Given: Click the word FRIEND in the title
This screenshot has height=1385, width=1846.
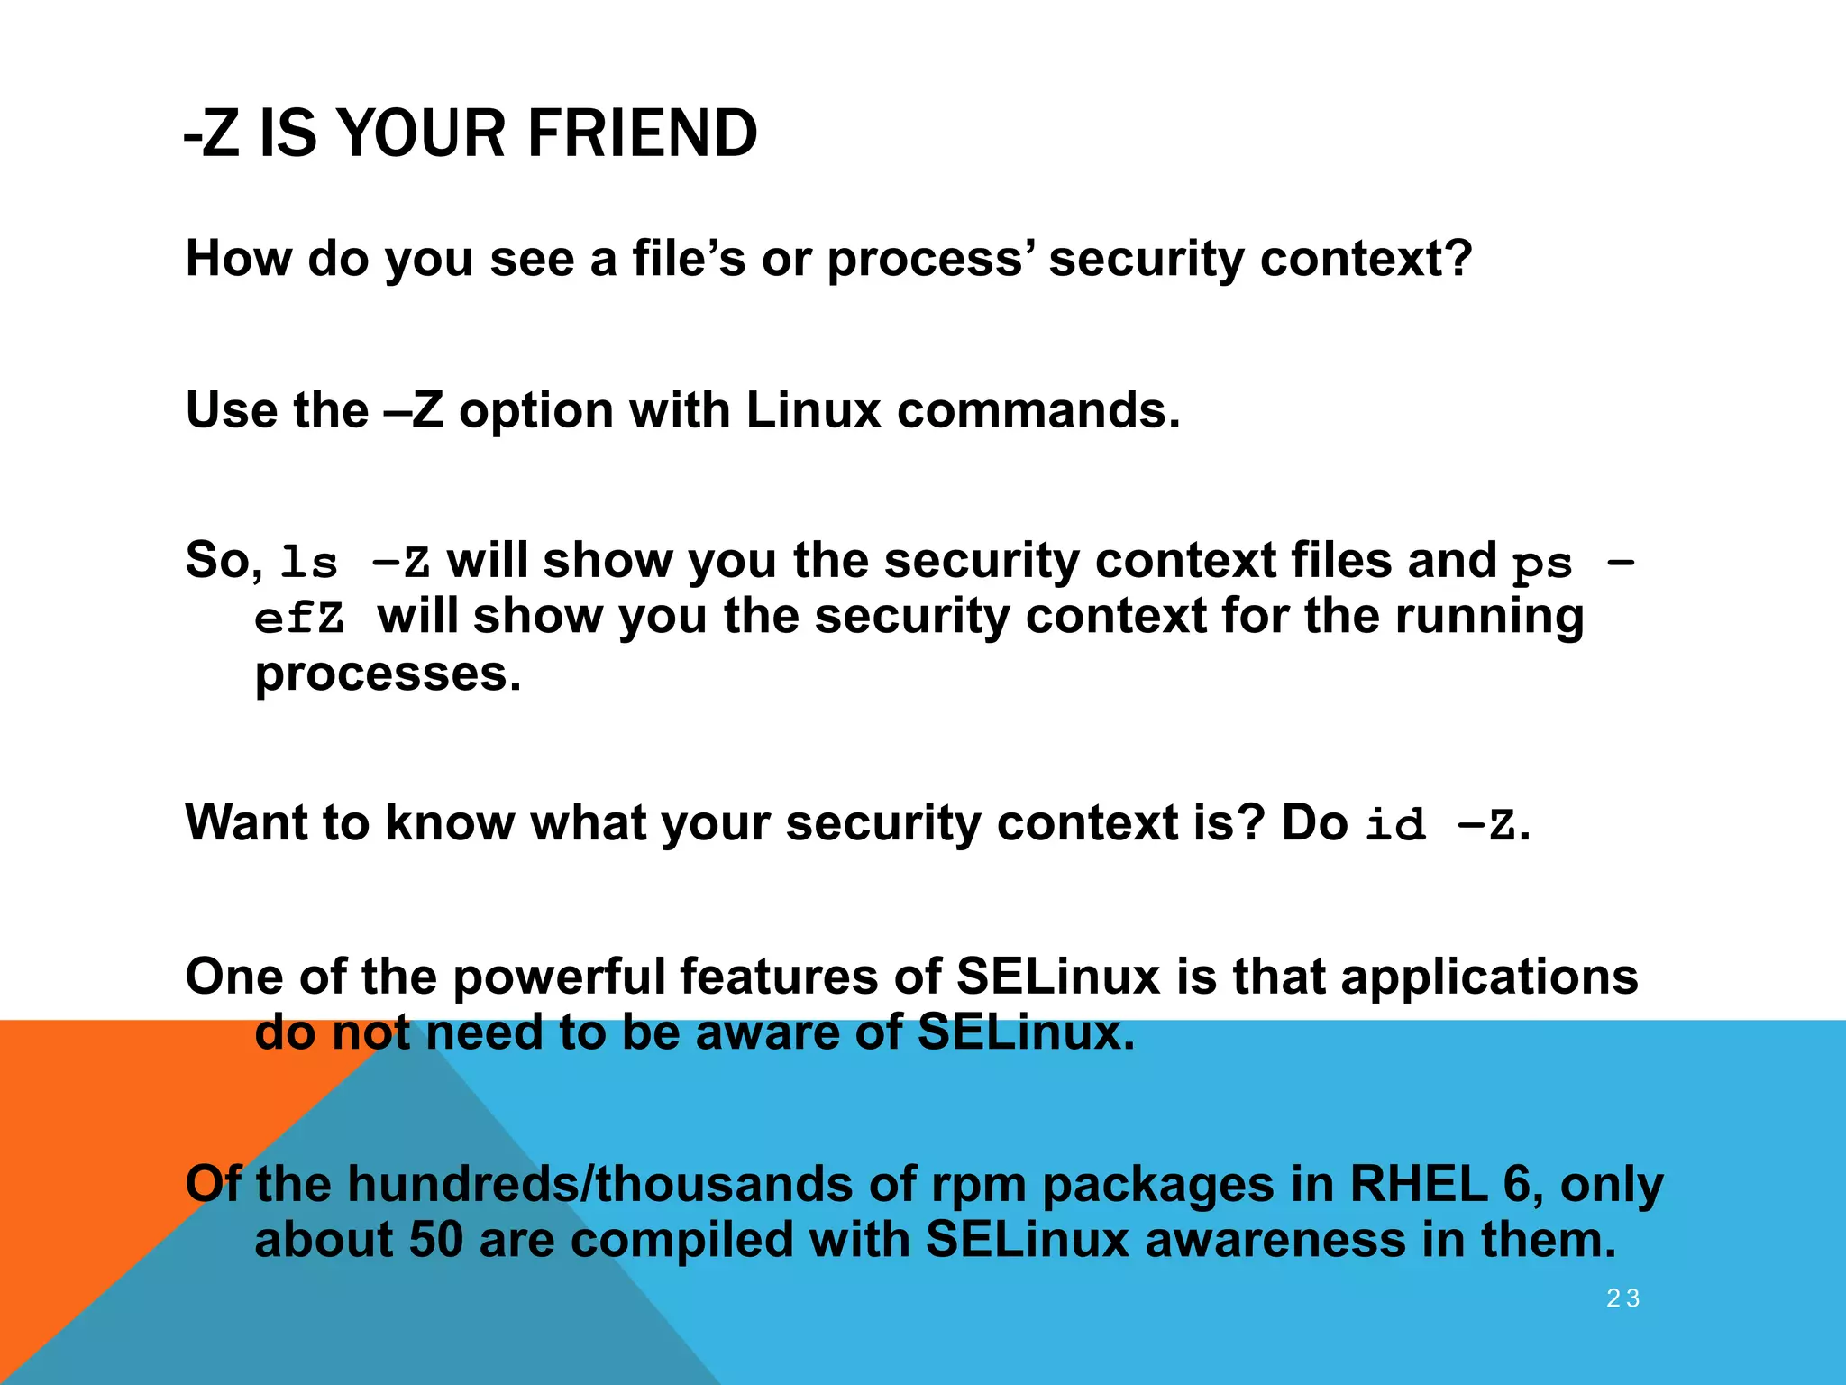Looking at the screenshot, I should pyautogui.click(x=642, y=133).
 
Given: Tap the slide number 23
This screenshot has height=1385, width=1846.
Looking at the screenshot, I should pyautogui.click(x=1622, y=1298).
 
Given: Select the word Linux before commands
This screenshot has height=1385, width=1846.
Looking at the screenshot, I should pyautogui.click(x=813, y=411).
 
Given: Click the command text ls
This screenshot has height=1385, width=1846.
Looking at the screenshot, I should pyautogui.click(x=308, y=564).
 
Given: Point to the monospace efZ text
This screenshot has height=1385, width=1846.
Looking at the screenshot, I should pyautogui.click(x=299, y=619).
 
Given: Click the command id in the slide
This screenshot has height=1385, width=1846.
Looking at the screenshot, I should pyautogui.click(x=1395, y=825).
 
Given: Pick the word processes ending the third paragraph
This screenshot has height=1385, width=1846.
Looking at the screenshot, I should pyautogui.click(x=388, y=674).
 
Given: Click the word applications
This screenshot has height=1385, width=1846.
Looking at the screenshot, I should pyautogui.click(x=1489, y=977).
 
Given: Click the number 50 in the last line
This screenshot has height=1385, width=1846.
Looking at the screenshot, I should pyautogui.click(x=436, y=1240).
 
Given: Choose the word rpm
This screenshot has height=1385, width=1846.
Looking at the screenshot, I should pyautogui.click(x=978, y=1184).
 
